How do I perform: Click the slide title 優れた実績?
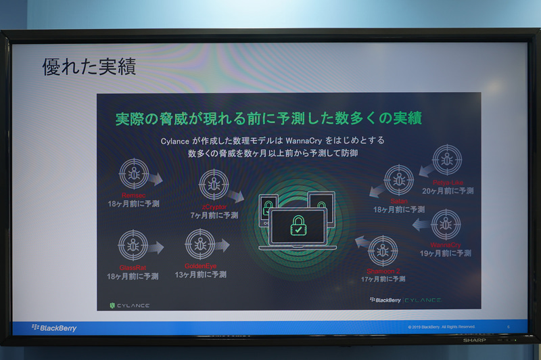click(x=89, y=66)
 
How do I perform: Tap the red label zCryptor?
click(x=214, y=206)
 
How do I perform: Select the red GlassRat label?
click(x=133, y=268)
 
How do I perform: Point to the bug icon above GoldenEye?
click(x=200, y=244)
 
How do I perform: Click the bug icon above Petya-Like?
click(x=447, y=160)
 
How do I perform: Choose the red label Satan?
click(x=398, y=201)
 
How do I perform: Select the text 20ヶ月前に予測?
click(x=448, y=191)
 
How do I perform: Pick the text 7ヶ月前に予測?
click(x=214, y=215)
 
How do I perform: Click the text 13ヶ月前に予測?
click(x=200, y=275)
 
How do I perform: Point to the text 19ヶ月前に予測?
click(x=446, y=253)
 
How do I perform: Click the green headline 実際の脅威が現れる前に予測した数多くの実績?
click(x=268, y=118)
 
